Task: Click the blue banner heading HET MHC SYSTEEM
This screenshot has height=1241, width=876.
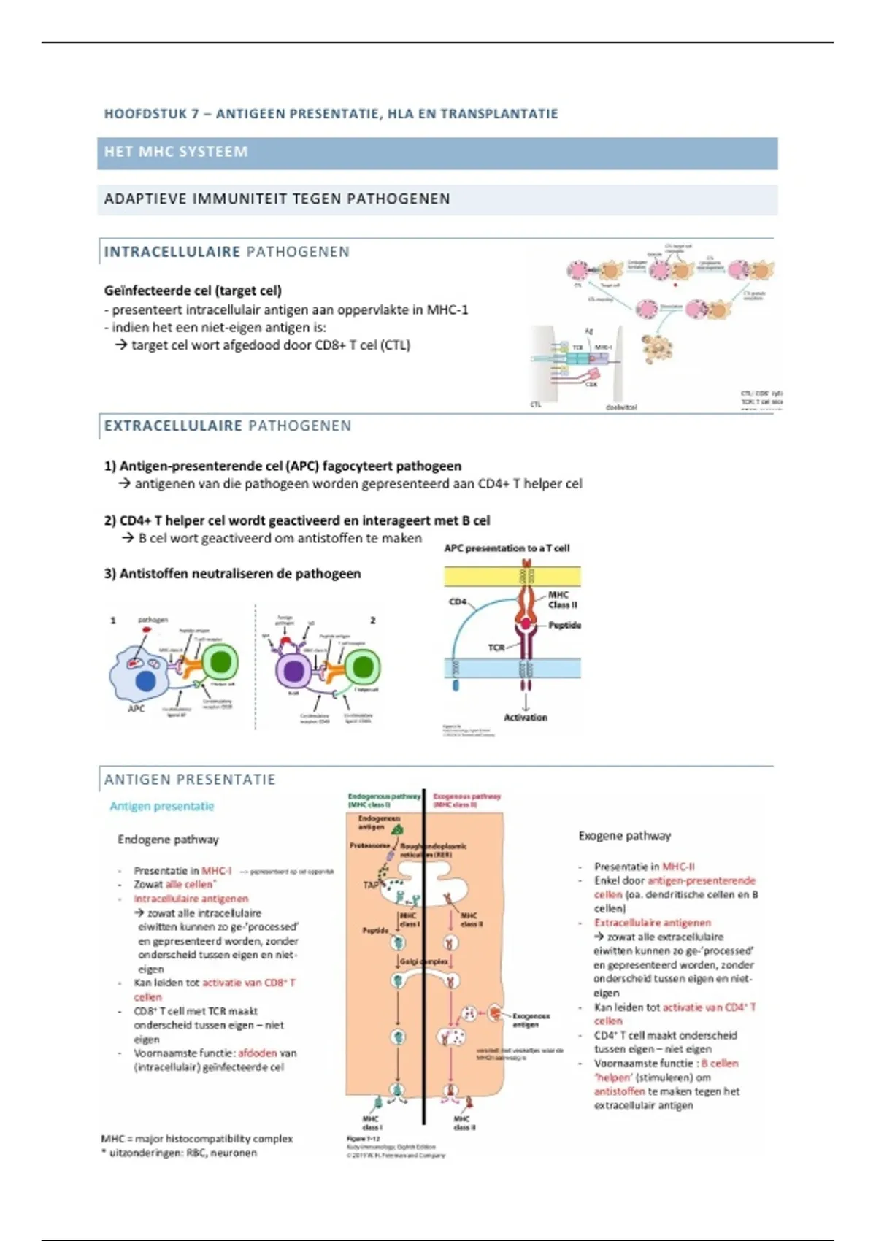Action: (x=177, y=152)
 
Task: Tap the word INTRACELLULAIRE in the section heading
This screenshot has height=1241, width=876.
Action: (x=172, y=252)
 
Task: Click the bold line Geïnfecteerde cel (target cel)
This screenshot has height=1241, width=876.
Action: (x=193, y=291)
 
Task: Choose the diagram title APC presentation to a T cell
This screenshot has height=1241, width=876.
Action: (x=507, y=548)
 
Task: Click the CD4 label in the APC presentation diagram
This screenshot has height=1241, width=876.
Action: (x=458, y=602)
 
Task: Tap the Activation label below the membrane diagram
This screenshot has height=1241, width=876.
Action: (x=526, y=718)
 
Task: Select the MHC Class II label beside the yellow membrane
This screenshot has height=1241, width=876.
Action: (x=563, y=600)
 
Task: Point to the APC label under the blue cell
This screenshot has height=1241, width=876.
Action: (x=137, y=709)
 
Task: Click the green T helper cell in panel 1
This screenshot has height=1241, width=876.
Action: (x=220, y=663)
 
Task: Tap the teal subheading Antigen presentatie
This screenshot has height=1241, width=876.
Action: (x=162, y=807)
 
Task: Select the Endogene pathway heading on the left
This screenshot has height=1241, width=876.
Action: (x=168, y=839)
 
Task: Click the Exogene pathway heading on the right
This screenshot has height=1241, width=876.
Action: (x=624, y=836)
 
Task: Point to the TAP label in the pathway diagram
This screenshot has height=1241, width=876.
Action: (x=371, y=885)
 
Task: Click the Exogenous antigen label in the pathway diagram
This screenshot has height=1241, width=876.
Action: (x=531, y=1020)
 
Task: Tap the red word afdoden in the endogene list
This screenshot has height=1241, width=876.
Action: (x=257, y=1053)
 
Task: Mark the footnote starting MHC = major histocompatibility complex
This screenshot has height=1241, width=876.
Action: (x=197, y=1139)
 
